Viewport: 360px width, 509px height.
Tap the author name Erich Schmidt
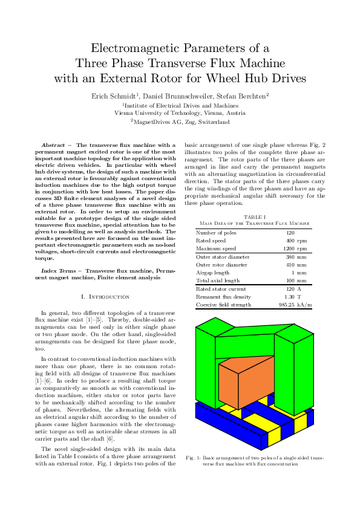(115, 96)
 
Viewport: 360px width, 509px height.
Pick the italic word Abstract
(51, 146)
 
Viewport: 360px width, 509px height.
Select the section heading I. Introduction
(105, 297)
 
